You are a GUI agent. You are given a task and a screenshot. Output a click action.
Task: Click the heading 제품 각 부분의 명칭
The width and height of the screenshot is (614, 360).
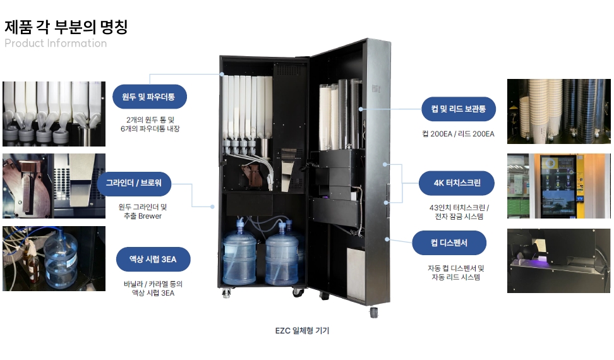[66, 27]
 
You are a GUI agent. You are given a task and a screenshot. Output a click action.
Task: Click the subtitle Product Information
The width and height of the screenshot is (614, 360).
[56, 44]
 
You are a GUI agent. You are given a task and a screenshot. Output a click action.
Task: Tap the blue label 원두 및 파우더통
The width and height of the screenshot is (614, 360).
[150, 97]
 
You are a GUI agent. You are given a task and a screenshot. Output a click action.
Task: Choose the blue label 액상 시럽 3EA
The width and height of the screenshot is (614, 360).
[153, 259]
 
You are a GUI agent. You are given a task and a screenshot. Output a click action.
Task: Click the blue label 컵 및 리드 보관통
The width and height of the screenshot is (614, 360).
[459, 109]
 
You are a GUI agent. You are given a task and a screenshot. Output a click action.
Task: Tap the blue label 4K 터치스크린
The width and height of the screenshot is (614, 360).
[457, 184]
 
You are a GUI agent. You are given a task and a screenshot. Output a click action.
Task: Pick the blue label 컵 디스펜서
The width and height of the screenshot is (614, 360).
[449, 243]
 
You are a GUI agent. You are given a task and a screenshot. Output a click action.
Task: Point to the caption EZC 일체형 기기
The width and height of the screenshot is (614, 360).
[302, 330]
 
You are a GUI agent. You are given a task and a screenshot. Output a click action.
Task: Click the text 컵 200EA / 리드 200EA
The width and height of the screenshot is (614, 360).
[458, 134]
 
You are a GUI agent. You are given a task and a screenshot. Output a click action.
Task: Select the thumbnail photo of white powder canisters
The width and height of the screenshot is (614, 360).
[54, 114]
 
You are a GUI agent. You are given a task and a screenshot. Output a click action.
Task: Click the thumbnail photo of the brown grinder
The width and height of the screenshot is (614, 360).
[54, 186]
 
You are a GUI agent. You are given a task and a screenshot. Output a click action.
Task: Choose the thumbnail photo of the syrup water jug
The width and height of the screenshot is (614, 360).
[54, 258]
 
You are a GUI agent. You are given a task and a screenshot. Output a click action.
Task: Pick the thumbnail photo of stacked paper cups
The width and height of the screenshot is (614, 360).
[559, 111]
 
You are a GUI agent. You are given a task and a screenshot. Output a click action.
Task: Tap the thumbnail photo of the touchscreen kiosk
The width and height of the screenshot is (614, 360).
[559, 186]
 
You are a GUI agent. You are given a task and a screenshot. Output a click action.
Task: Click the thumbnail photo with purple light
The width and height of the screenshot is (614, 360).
[559, 260]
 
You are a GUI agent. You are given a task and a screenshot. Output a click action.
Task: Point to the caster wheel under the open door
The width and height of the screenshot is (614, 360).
[373, 312]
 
